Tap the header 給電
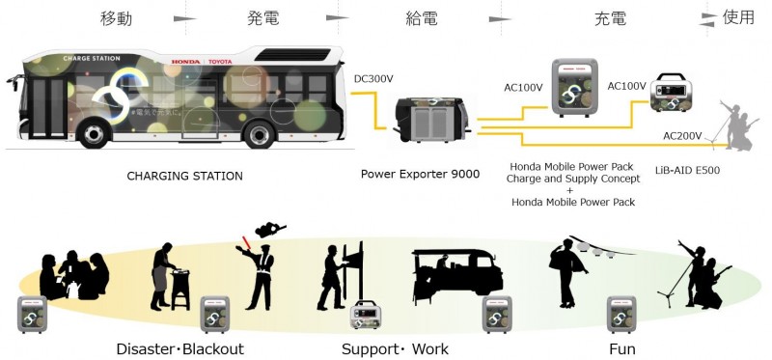pyautogui.click(x=424, y=18)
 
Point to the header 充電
pyautogui.click(x=611, y=18)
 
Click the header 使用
pyautogui.click(x=738, y=18)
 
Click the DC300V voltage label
pyautogui.click(x=373, y=77)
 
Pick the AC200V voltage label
pyautogui.click(x=682, y=134)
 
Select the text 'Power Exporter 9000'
pyautogui.click(x=420, y=175)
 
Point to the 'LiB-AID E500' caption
pyautogui.click(x=685, y=171)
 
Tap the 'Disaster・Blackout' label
pyautogui.click(x=179, y=348)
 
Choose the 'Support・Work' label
pyautogui.click(x=395, y=348)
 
